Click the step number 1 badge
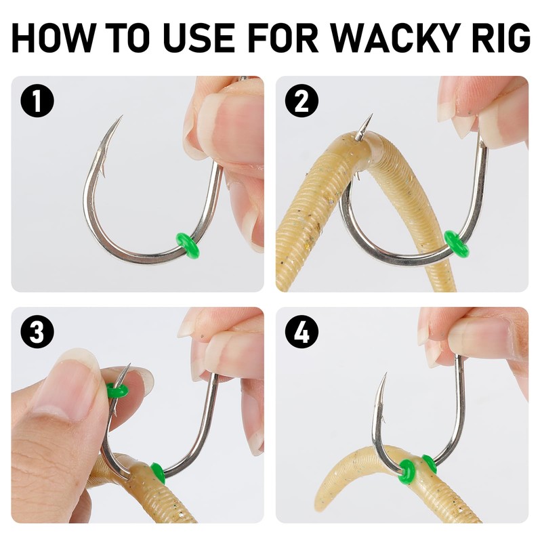[37, 100]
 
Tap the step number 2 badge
[301, 100]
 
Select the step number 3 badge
[37, 331]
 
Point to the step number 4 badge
[301, 331]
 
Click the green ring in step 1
[188, 245]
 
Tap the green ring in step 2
[456, 243]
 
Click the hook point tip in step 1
[123, 116]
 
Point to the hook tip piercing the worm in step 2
[372, 114]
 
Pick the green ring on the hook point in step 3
[117, 391]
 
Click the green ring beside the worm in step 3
[158, 474]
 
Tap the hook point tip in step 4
[385, 373]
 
